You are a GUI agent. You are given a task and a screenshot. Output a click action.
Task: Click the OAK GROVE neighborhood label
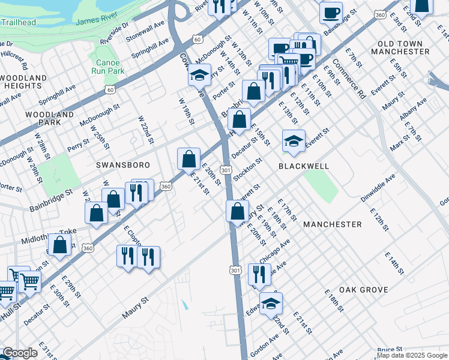(x=363, y=290)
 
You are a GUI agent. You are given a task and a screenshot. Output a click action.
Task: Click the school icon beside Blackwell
(x=293, y=142)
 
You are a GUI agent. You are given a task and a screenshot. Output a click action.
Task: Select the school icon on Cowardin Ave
(x=199, y=76)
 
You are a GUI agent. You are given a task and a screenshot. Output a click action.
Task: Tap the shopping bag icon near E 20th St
(x=189, y=160)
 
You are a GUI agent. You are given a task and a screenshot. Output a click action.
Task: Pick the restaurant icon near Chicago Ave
(x=259, y=274)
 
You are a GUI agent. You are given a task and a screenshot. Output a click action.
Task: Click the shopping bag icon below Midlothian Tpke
(x=59, y=245)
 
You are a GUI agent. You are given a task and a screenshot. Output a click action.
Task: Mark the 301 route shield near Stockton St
(x=226, y=170)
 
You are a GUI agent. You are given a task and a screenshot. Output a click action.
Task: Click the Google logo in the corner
(x=20, y=353)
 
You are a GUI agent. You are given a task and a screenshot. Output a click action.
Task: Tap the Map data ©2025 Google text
(x=412, y=355)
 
